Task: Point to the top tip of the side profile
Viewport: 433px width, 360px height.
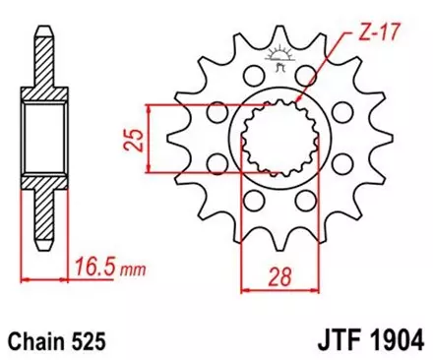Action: [42, 20]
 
